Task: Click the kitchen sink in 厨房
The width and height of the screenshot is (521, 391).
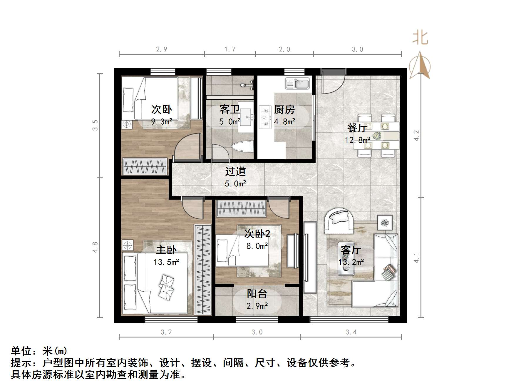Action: click(x=297, y=83)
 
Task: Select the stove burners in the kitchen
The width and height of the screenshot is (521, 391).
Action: click(x=265, y=117)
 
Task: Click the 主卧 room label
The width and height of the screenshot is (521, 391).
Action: click(x=166, y=250)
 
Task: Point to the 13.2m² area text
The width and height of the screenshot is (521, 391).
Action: click(x=351, y=262)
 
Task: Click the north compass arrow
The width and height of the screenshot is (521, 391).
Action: click(x=420, y=66)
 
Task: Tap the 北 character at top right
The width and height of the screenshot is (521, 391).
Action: click(x=420, y=38)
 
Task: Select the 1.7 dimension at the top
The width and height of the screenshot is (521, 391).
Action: click(x=230, y=49)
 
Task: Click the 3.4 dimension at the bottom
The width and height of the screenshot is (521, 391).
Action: click(x=351, y=332)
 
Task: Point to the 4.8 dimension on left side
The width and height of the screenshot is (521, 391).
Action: click(x=95, y=247)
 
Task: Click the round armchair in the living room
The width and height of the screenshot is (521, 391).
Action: click(x=339, y=221)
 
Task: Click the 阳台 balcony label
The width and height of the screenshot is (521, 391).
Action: click(x=257, y=293)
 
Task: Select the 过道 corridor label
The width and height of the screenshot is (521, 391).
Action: click(x=235, y=171)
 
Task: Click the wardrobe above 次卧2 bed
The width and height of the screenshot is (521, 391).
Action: click(x=241, y=208)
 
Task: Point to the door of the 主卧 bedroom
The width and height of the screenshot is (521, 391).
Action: click(x=192, y=207)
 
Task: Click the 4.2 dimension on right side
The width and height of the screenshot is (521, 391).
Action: click(x=416, y=136)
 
